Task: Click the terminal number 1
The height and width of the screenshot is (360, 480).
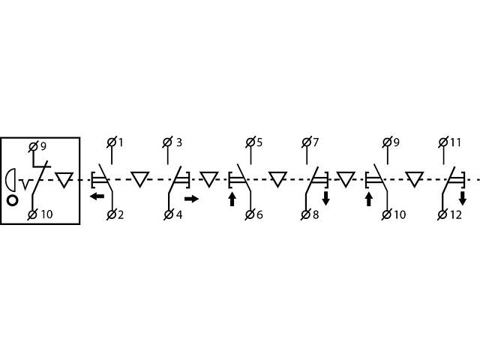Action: coord(121,142)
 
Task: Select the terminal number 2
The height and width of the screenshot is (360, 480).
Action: coord(121,214)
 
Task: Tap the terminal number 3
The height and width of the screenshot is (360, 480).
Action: coord(179,142)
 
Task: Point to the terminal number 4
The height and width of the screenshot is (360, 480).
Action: coord(179,214)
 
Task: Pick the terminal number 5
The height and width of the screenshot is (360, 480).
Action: coord(259,142)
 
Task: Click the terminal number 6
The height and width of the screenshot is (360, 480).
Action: coord(259,214)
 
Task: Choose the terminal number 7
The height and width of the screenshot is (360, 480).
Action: coord(316,142)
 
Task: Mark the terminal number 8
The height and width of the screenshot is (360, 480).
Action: coord(316,214)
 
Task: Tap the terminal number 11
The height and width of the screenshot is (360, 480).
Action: coord(456,142)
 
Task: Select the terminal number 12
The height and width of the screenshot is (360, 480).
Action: coord(456,214)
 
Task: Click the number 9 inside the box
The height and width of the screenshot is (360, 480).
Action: coord(42,146)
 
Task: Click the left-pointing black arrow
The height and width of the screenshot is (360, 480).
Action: coord(97,197)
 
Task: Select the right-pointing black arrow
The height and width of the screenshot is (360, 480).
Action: coord(191,199)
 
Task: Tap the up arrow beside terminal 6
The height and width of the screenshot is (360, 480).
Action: coord(232,199)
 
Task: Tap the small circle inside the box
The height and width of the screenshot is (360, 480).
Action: coord(13,200)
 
